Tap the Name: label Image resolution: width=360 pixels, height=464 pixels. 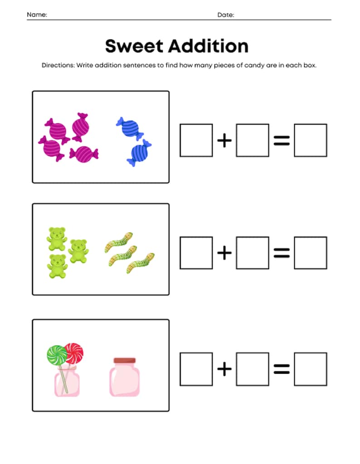pyautogui.click(x=37, y=15)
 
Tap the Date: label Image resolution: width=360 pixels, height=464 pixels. pyautogui.click(x=226, y=15)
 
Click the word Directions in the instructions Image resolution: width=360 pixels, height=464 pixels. pyautogui.click(x=58, y=65)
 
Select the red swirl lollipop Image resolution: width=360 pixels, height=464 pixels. pyautogui.click(x=74, y=352)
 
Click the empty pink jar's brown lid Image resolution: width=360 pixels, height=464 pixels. pyautogui.click(x=125, y=361)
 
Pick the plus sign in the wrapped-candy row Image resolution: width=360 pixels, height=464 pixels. pyautogui.click(x=224, y=141)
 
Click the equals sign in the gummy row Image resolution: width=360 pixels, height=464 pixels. pyautogui.click(x=282, y=253)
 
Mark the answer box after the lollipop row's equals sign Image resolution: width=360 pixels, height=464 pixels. pyautogui.click(x=310, y=369)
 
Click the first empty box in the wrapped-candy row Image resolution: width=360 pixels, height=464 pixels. pyautogui.click(x=196, y=141)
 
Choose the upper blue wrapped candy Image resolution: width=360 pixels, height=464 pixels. pyautogui.click(x=129, y=126)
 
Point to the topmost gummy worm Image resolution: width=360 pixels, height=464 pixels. pyautogui.click(x=119, y=240)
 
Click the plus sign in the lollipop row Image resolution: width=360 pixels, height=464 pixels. pyautogui.click(x=224, y=369)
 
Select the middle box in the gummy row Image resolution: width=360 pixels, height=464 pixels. pyautogui.click(x=253, y=253)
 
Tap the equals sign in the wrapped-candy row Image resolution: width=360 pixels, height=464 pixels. pyautogui.click(x=282, y=141)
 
